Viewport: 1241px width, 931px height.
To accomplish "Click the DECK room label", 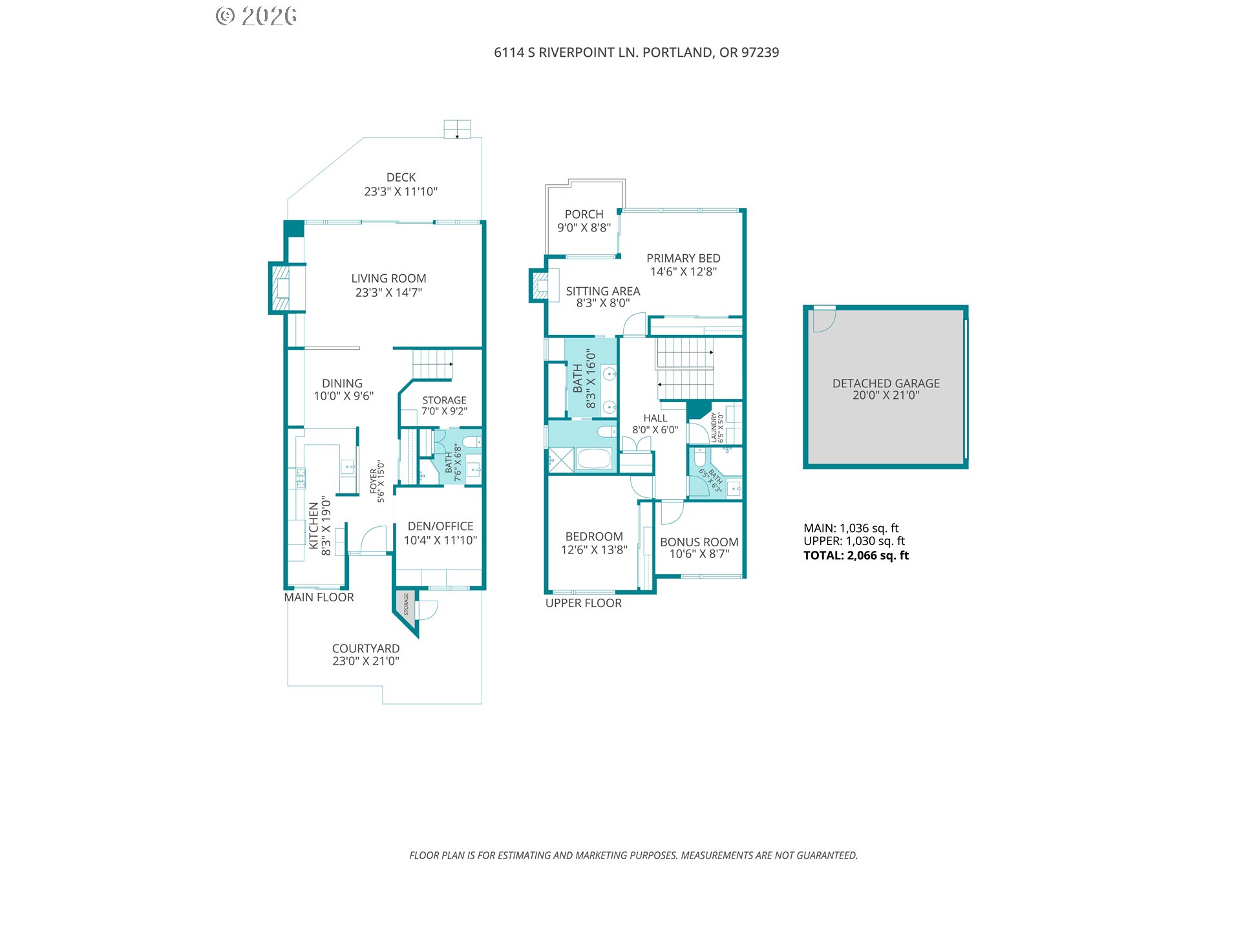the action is [x=401, y=177].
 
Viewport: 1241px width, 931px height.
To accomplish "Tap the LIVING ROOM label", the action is [x=388, y=279].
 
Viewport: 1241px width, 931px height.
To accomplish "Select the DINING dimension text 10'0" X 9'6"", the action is [x=344, y=396].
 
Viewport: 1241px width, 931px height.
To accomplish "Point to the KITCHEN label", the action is [x=313, y=526].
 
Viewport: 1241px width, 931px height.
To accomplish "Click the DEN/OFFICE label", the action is [x=440, y=526].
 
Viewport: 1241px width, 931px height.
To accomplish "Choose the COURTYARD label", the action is [x=366, y=648].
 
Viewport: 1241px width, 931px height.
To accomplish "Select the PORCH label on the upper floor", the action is [x=584, y=214].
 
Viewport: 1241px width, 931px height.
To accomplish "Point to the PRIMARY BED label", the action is [x=683, y=258].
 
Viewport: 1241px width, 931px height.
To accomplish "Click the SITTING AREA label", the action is [x=603, y=292].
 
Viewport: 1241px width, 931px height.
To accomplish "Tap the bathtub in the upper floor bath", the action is [x=593, y=459].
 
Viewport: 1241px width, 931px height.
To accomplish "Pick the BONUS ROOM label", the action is [x=699, y=542].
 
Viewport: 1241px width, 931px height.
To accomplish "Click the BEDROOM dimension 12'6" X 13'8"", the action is [x=594, y=550].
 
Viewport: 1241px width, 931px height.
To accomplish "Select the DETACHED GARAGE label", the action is [x=886, y=383].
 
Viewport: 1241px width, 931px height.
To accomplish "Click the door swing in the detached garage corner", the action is [x=825, y=321].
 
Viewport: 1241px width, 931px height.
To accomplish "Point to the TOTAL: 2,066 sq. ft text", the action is [x=856, y=555].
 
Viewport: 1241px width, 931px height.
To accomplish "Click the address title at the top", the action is [x=637, y=52].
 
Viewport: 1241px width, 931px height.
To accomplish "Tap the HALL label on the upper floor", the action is [x=655, y=418].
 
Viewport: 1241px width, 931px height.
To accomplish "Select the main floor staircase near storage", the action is [x=432, y=364].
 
